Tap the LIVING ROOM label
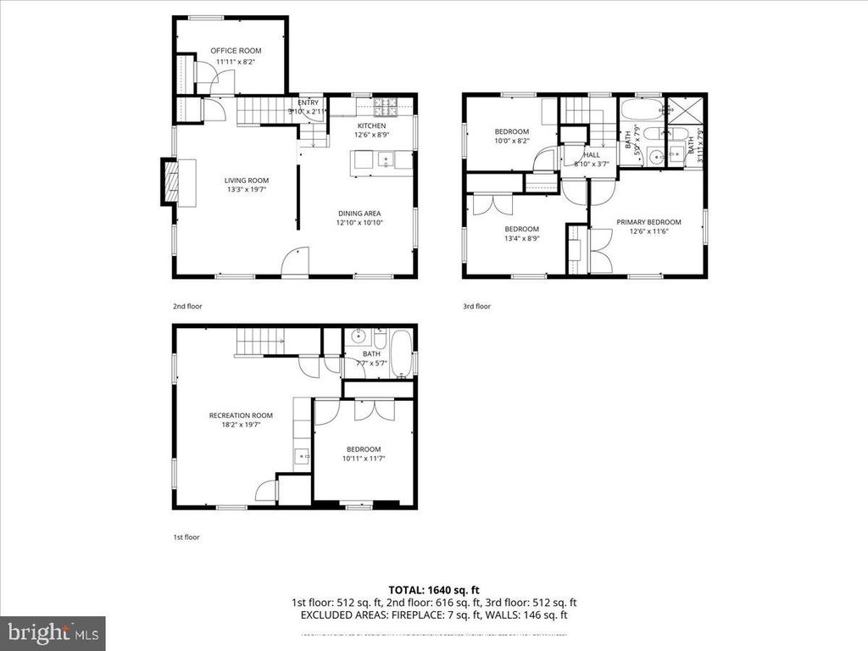click(x=246, y=180)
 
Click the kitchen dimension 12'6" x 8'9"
click(x=372, y=134)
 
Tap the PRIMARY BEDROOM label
click(x=654, y=222)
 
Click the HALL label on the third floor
click(x=591, y=154)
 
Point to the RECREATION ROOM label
click(x=241, y=415)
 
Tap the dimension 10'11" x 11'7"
click(x=363, y=459)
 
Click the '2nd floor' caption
click(x=187, y=306)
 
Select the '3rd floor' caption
click(x=476, y=306)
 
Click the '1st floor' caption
click(x=186, y=537)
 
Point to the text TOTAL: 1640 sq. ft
click(x=433, y=589)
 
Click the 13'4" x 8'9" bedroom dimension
click(x=522, y=238)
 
